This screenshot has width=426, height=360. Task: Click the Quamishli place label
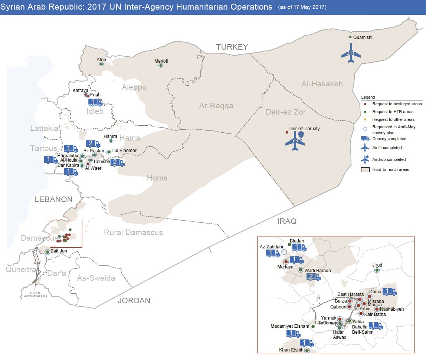(363, 37)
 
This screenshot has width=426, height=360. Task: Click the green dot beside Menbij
(161, 65)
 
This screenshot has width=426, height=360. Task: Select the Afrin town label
(101, 59)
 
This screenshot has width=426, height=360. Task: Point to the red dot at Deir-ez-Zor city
(286, 132)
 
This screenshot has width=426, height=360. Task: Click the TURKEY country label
(232, 47)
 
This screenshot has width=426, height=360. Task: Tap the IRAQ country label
(287, 221)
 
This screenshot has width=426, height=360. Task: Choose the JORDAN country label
(134, 301)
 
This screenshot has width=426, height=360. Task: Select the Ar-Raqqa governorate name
(216, 106)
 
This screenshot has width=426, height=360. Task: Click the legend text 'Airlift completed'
(387, 148)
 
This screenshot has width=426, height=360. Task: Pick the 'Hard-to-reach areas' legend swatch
(365, 169)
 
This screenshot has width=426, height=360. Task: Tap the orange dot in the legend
(365, 119)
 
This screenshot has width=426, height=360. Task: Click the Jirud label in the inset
(377, 265)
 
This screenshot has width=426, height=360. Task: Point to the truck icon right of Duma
(389, 291)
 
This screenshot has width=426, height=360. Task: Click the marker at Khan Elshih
(307, 350)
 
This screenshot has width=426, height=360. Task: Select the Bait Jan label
(59, 251)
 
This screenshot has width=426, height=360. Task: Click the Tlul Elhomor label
(124, 151)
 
